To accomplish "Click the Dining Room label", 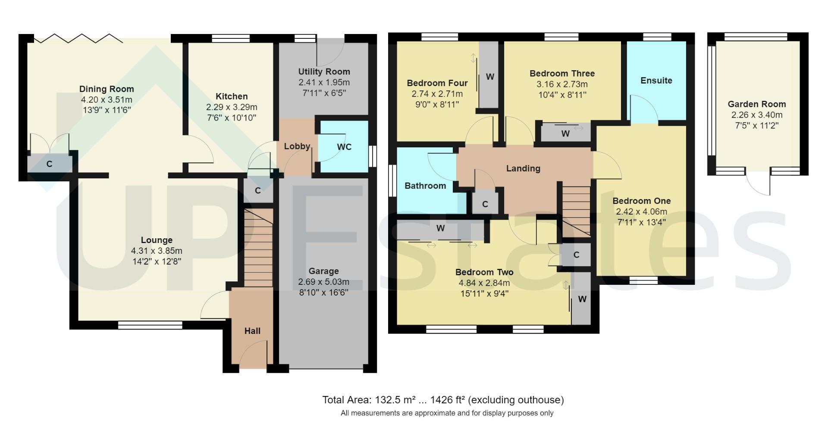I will point(107,89).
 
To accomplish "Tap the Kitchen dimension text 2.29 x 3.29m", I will point(232,107).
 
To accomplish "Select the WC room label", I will point(344,147).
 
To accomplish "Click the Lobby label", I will point(297,146).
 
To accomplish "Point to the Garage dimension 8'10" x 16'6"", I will point(323,293).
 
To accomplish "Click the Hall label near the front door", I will point(252,331).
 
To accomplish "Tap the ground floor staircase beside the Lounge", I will point(258,248).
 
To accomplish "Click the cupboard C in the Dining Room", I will point(49,164).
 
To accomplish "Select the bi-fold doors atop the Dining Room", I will point(78,38).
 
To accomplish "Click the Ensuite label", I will point(656,81).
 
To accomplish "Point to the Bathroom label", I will point(425,186).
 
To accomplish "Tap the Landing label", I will point(523,168).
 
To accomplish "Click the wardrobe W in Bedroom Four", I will point(489,77).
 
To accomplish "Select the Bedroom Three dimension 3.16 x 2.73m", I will point(562,84).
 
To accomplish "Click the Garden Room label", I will point(756,104).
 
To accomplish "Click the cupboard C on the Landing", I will point(485,204).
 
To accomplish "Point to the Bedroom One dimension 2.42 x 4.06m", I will point(641,212).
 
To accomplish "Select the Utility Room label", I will point(324,72).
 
